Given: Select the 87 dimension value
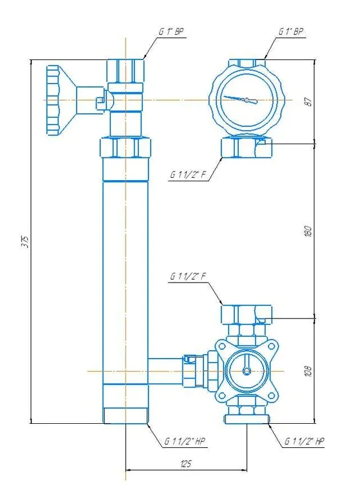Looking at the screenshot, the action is (309, 102).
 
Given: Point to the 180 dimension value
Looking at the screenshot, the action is (309, 231).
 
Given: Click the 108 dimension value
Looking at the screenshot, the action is (309, 371).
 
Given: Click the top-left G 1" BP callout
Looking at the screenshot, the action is (171, 32).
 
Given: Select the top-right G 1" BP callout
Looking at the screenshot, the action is (291, 31).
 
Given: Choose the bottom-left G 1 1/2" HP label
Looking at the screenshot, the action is (185, 442).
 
